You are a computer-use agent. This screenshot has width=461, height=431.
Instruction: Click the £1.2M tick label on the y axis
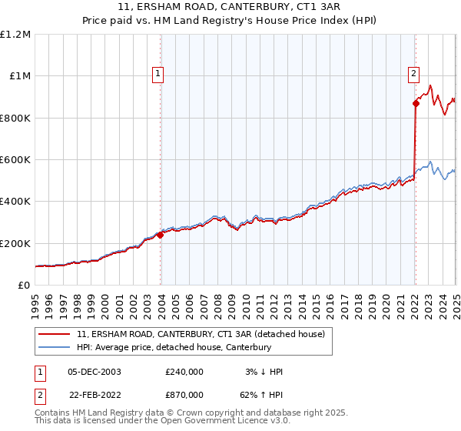pyautogui.click(x=15, y=34)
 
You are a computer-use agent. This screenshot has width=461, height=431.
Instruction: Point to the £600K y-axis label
pyautogui.click(x=15, y=160)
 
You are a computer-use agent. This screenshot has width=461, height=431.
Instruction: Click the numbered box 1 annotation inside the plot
pyautogui.click(x=158, y=75)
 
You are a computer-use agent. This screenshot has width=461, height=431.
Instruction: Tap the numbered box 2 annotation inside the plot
pyautogui.click(x=413, y=75)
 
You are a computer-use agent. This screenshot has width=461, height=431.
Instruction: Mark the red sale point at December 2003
pyautogui.click(x=161, y=236)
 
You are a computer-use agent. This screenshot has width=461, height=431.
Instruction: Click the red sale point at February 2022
pyautogui.click(x=416, y=103)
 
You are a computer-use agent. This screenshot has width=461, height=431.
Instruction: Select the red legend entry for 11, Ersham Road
pyautogui.click(x=201, y=334)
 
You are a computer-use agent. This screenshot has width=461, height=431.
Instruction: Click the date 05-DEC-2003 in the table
pyautogui.click(x=94, y=372)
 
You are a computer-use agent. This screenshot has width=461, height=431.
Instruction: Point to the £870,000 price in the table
pyautogui.click(x=184, y=394)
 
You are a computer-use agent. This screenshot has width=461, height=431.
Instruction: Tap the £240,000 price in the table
pyautogui.click(x=184, y=372)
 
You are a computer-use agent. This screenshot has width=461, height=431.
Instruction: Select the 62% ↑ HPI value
pyautogui.click(x=259, y=394)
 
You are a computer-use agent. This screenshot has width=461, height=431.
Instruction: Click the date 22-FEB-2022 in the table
pyautogui.click(x=94, y=394)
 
